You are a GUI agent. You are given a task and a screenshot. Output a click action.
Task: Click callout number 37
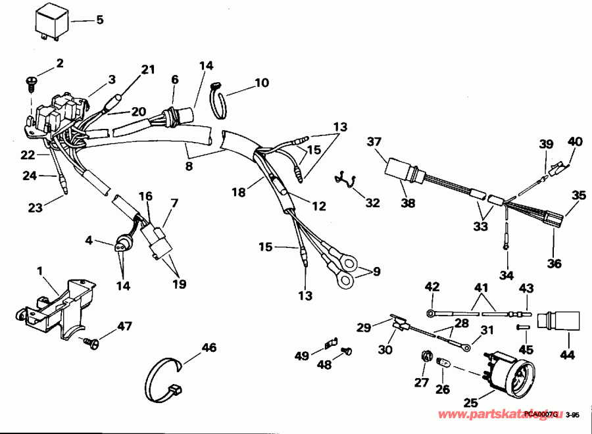(x=374, y=141)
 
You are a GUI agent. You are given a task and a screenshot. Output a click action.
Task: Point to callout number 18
(x=238, y=192)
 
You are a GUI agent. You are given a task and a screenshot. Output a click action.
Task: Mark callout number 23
(x=35, y=208)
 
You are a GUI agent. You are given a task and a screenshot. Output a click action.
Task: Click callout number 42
(x=432, y=286)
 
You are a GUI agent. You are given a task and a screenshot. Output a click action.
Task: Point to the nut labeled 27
(x=424, y=359)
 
